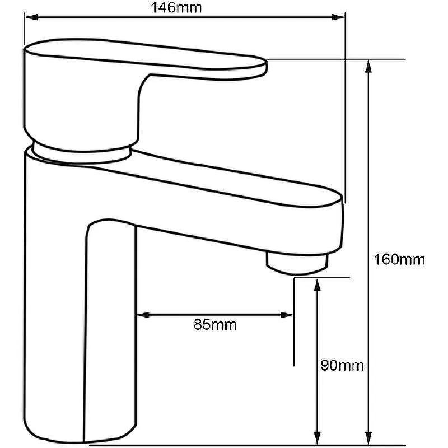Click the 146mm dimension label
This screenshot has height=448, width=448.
[x=176, y=7]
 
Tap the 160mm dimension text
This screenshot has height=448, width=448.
[x=399, y=260]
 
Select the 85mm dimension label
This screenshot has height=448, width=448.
[x=215, y=325]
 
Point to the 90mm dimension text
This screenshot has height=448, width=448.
[x=342, y=366]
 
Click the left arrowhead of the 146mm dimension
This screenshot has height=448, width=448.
[x=31, y=17]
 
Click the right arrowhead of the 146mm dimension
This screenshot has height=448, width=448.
[x=338, y=17]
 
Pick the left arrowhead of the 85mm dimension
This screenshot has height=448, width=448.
[x=143, y=315]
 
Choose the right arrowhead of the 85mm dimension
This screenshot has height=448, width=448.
[x=287, y=315]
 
